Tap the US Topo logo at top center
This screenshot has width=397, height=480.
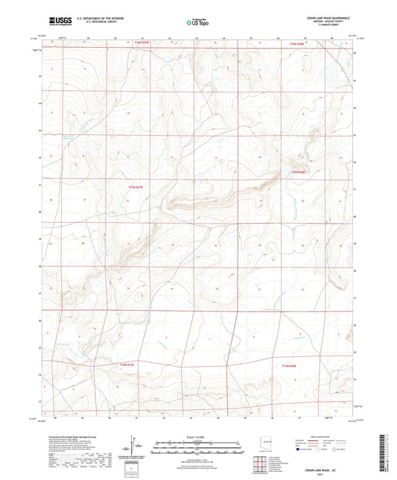(198, 22)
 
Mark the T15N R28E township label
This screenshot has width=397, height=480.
(298, 171)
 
